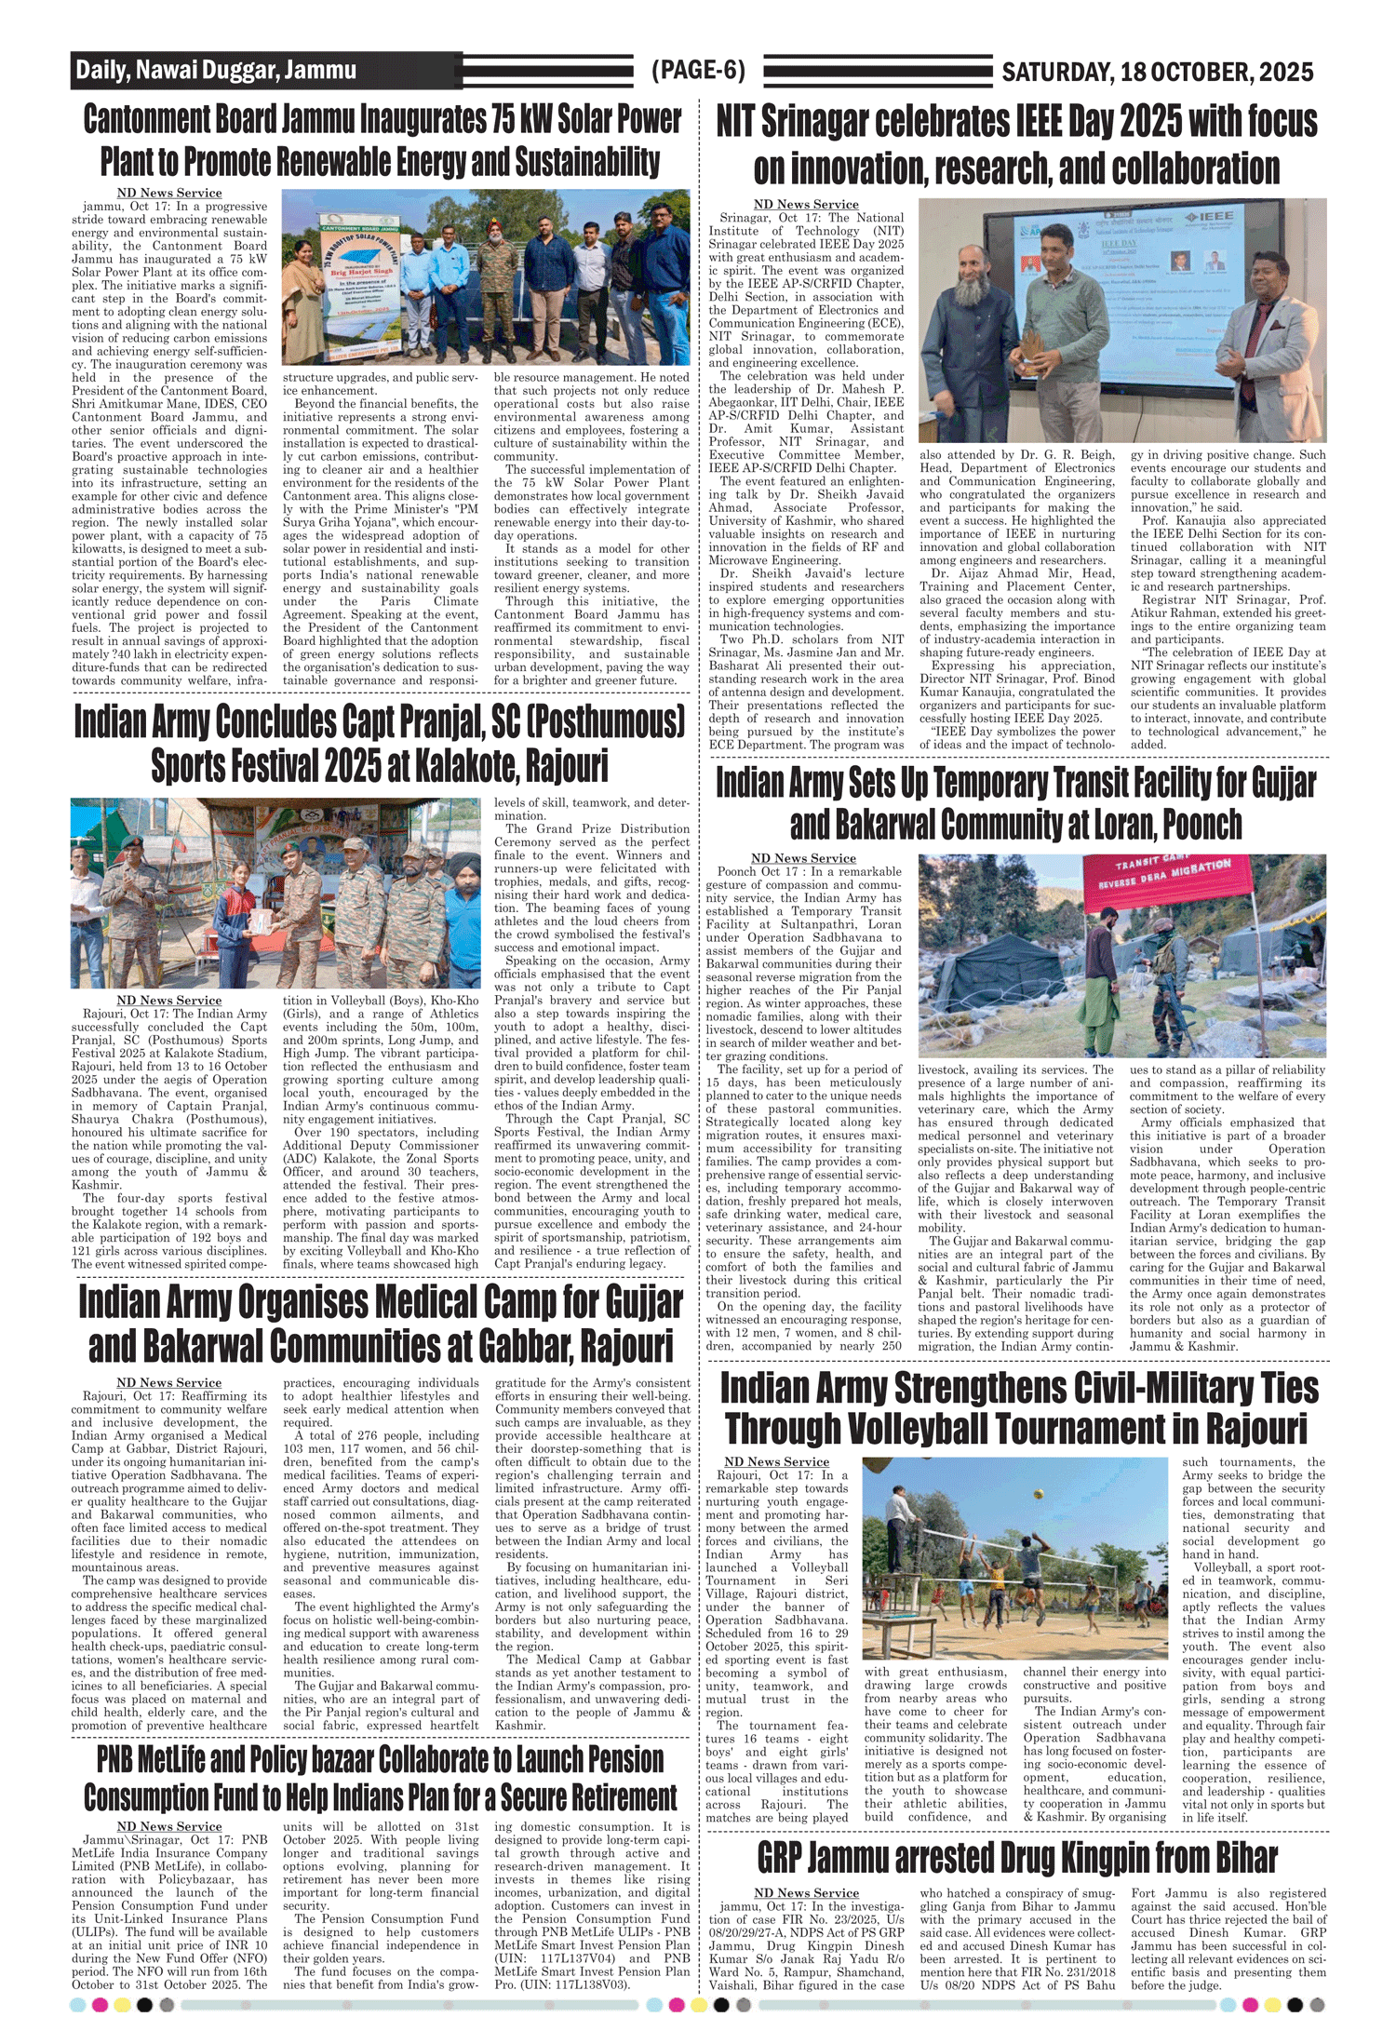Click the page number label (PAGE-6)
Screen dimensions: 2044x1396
[698, 71]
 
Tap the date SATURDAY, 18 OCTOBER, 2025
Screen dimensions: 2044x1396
[1157, 73]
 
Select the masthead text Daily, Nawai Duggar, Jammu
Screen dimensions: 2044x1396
[216, 71]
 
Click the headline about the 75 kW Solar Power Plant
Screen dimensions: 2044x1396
[382, 141]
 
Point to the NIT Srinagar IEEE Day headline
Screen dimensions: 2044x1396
[1016, 145]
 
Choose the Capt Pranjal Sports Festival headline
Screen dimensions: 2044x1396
[380, 744]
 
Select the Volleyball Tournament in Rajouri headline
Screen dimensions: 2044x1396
[1019, 1407]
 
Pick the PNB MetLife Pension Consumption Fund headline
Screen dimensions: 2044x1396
[380, 1778]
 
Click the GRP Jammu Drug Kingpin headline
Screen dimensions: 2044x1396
[1016, 1857]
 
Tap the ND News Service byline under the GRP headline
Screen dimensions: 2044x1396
[806, 1893]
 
